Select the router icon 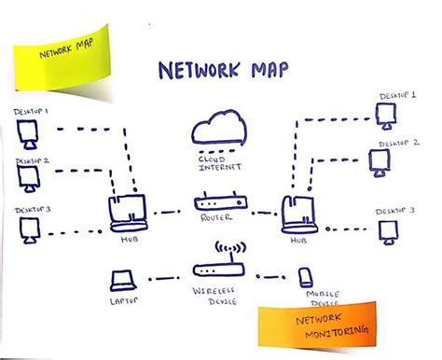pyautogui.click(x=220, y=203)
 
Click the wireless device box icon pyautogui.click(x=219, y=270)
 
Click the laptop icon pyautogui.click(x=123, y=279)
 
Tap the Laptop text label pyautogui.click(x=123, y=301)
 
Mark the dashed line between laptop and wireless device pyautogui.click(x=165, y=277)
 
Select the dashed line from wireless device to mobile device pyautogui.click(x=268, y=275)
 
